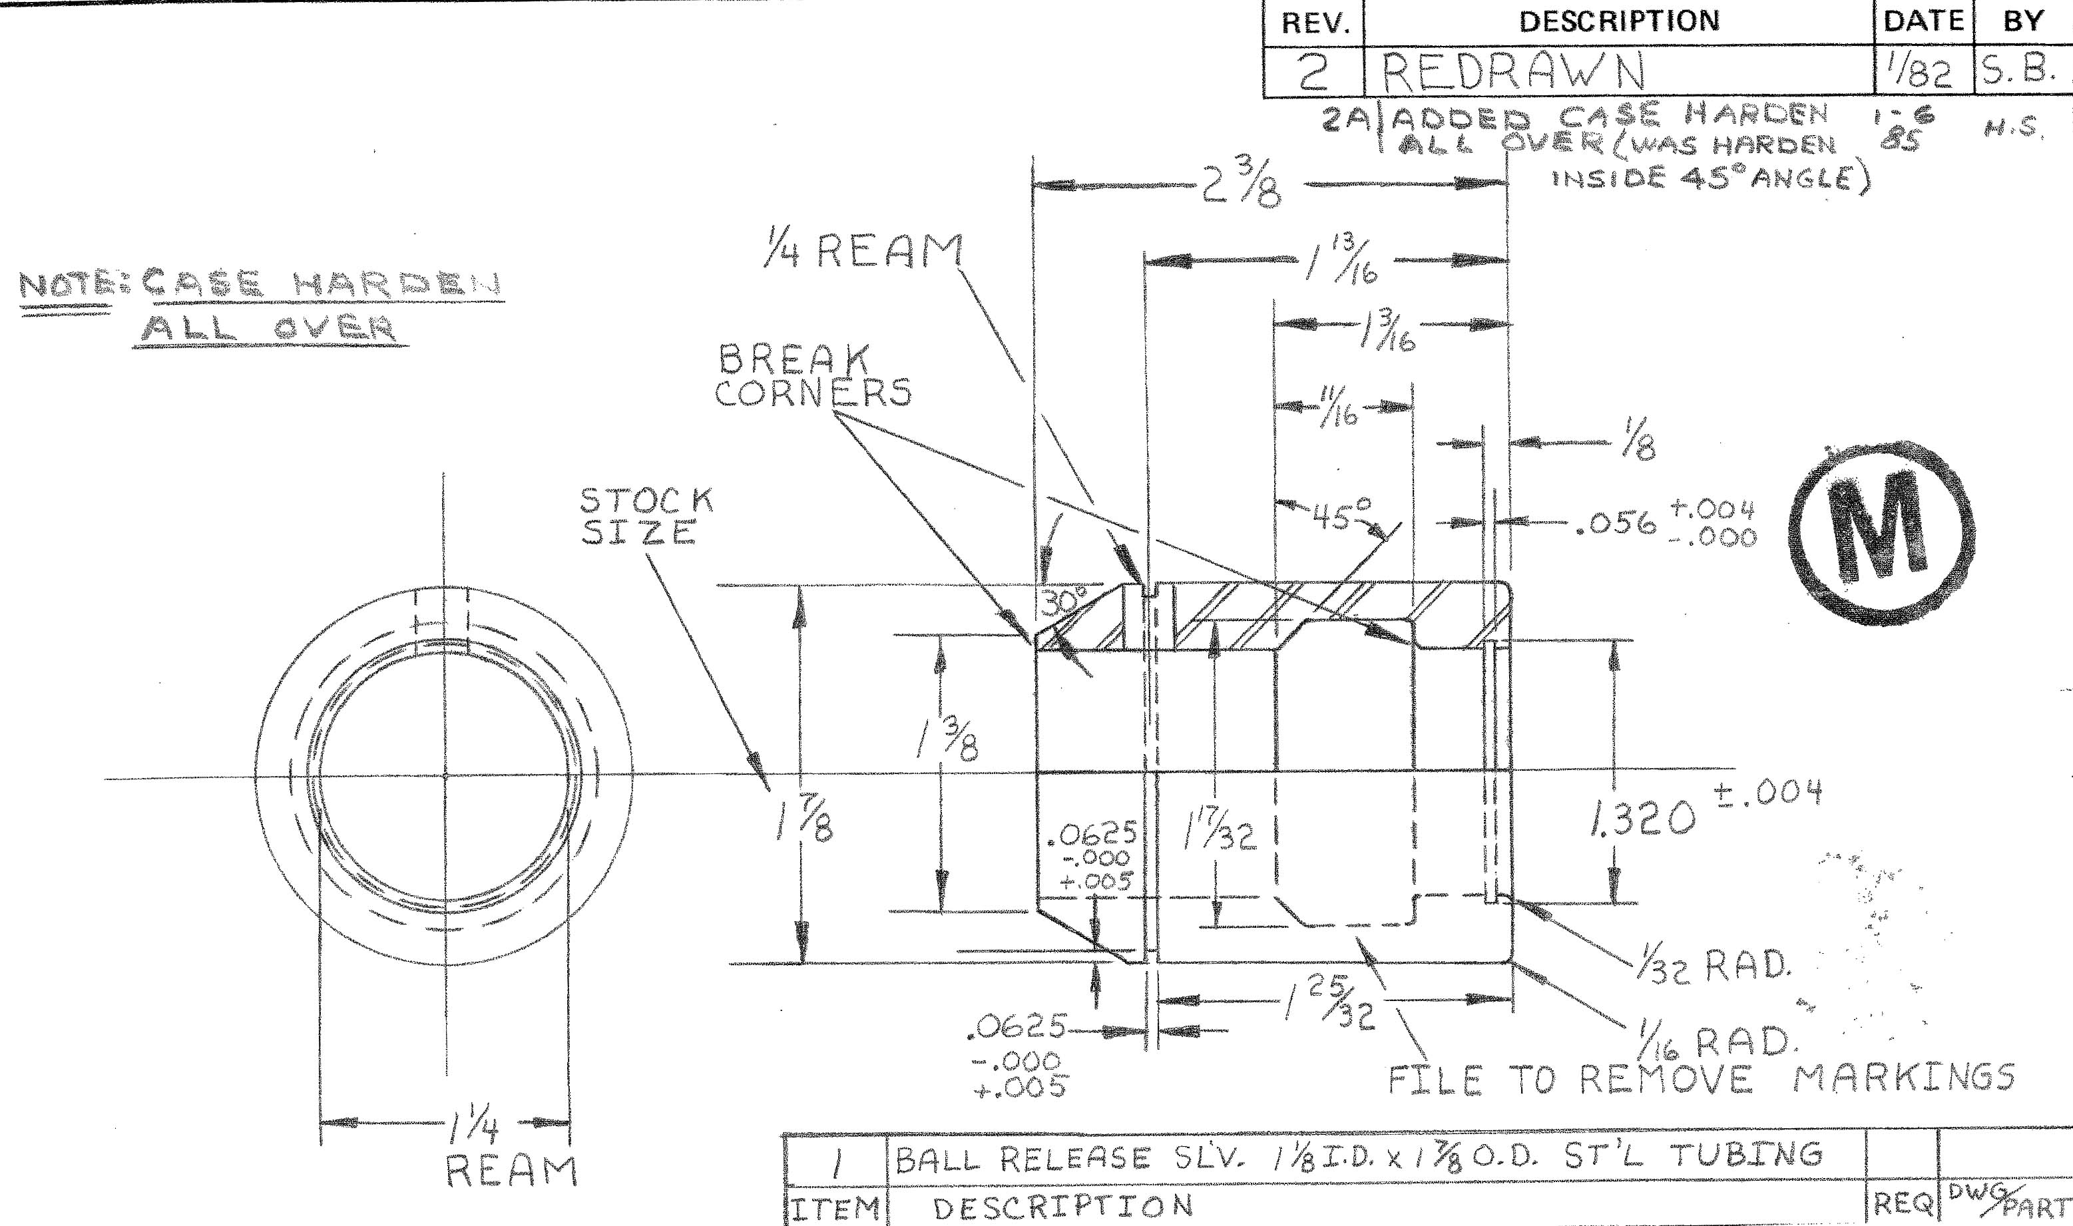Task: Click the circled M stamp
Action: coord(1881,528)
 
